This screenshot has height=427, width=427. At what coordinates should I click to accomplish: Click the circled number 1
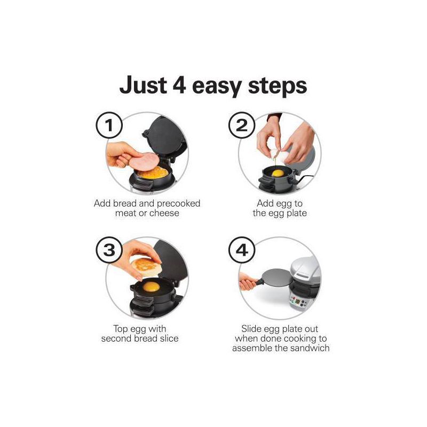coord(109,126)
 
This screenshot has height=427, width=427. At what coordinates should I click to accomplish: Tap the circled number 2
coord(242,126)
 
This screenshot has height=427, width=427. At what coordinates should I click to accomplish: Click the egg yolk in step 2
coord(278,172)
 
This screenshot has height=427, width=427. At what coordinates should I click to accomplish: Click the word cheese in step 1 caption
coord(164,213)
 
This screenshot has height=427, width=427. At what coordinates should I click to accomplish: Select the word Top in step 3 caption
coord(121,329)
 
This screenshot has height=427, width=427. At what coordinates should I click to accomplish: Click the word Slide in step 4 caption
coord(253,329)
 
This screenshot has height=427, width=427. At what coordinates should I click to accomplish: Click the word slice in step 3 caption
coord(167,338)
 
